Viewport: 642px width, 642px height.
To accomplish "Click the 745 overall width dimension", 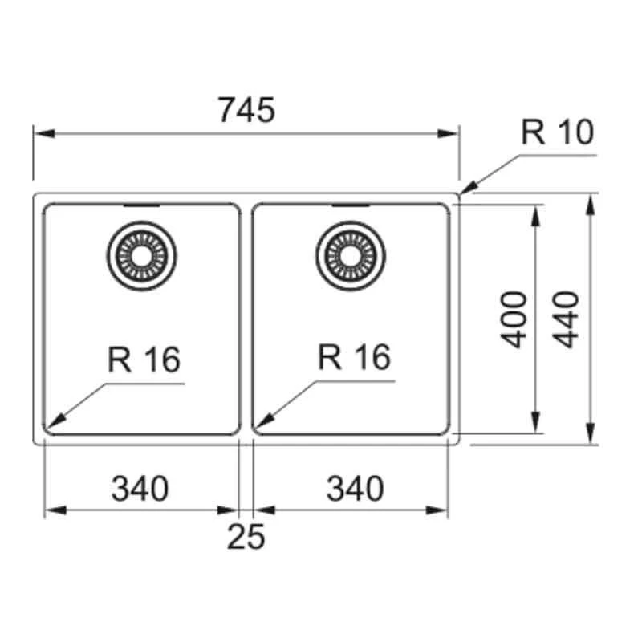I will (x=246, y=110).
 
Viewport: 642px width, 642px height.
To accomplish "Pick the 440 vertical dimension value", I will (x=567, y=319).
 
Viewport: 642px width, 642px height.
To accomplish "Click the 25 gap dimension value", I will (x=246, y=537).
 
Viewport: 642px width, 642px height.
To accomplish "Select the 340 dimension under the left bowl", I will (x=140, y=488).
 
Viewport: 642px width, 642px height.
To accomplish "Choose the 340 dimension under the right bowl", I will (x=355, y=488).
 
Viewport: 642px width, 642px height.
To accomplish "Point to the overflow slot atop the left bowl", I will (x=140, y=205).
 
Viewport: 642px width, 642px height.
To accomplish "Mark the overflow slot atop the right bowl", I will (x=351, y=205).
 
